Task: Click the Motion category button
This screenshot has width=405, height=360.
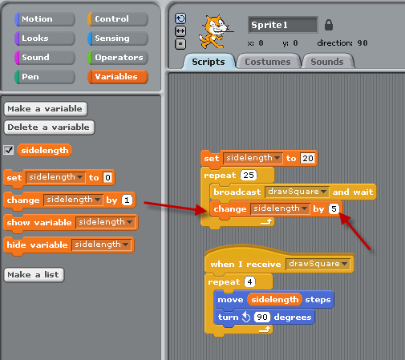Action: pyautogui.click(x=45, y=19)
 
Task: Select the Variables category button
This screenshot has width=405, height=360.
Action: pyautogui.click(x=118, y=77)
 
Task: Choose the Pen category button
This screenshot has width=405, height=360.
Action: pyautogui.click(x=45, y=77)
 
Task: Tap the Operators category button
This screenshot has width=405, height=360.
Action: pyautogui.click(x=118, y=58)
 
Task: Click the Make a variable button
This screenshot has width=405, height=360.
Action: pyautogui.click(x=46, y=109)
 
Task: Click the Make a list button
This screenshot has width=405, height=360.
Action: pyautogui.click(x=34, y=275)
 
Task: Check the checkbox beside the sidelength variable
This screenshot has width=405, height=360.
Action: pyautogui.click(x=9, y=150)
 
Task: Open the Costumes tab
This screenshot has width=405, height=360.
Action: pyautogui.click(x=268, y=62)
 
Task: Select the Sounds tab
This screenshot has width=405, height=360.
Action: pyautogui.click(x=327, y=62)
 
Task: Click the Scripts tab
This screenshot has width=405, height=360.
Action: pyautogui.click(x=209, y=62)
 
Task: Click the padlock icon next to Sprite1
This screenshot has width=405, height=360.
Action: pyautogui.click(x=329, y=25)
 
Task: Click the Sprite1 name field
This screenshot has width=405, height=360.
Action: pyautogui.click(x=283, y=25)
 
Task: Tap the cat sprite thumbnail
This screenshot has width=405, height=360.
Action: pyautogui.click(x=214, y=31)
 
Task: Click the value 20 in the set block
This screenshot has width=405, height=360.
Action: pyautogui.click(x=308, y=158)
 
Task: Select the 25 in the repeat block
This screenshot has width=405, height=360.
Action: pyautogui.click(x=249, y=175)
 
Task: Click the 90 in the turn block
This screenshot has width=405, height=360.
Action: pyautogui.click(x=262, y=317)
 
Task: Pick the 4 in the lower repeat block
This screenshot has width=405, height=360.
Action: pyautogui.click(x=249, y=281)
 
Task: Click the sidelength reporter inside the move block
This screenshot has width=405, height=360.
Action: pyautogui.click(x=274, y=299)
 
